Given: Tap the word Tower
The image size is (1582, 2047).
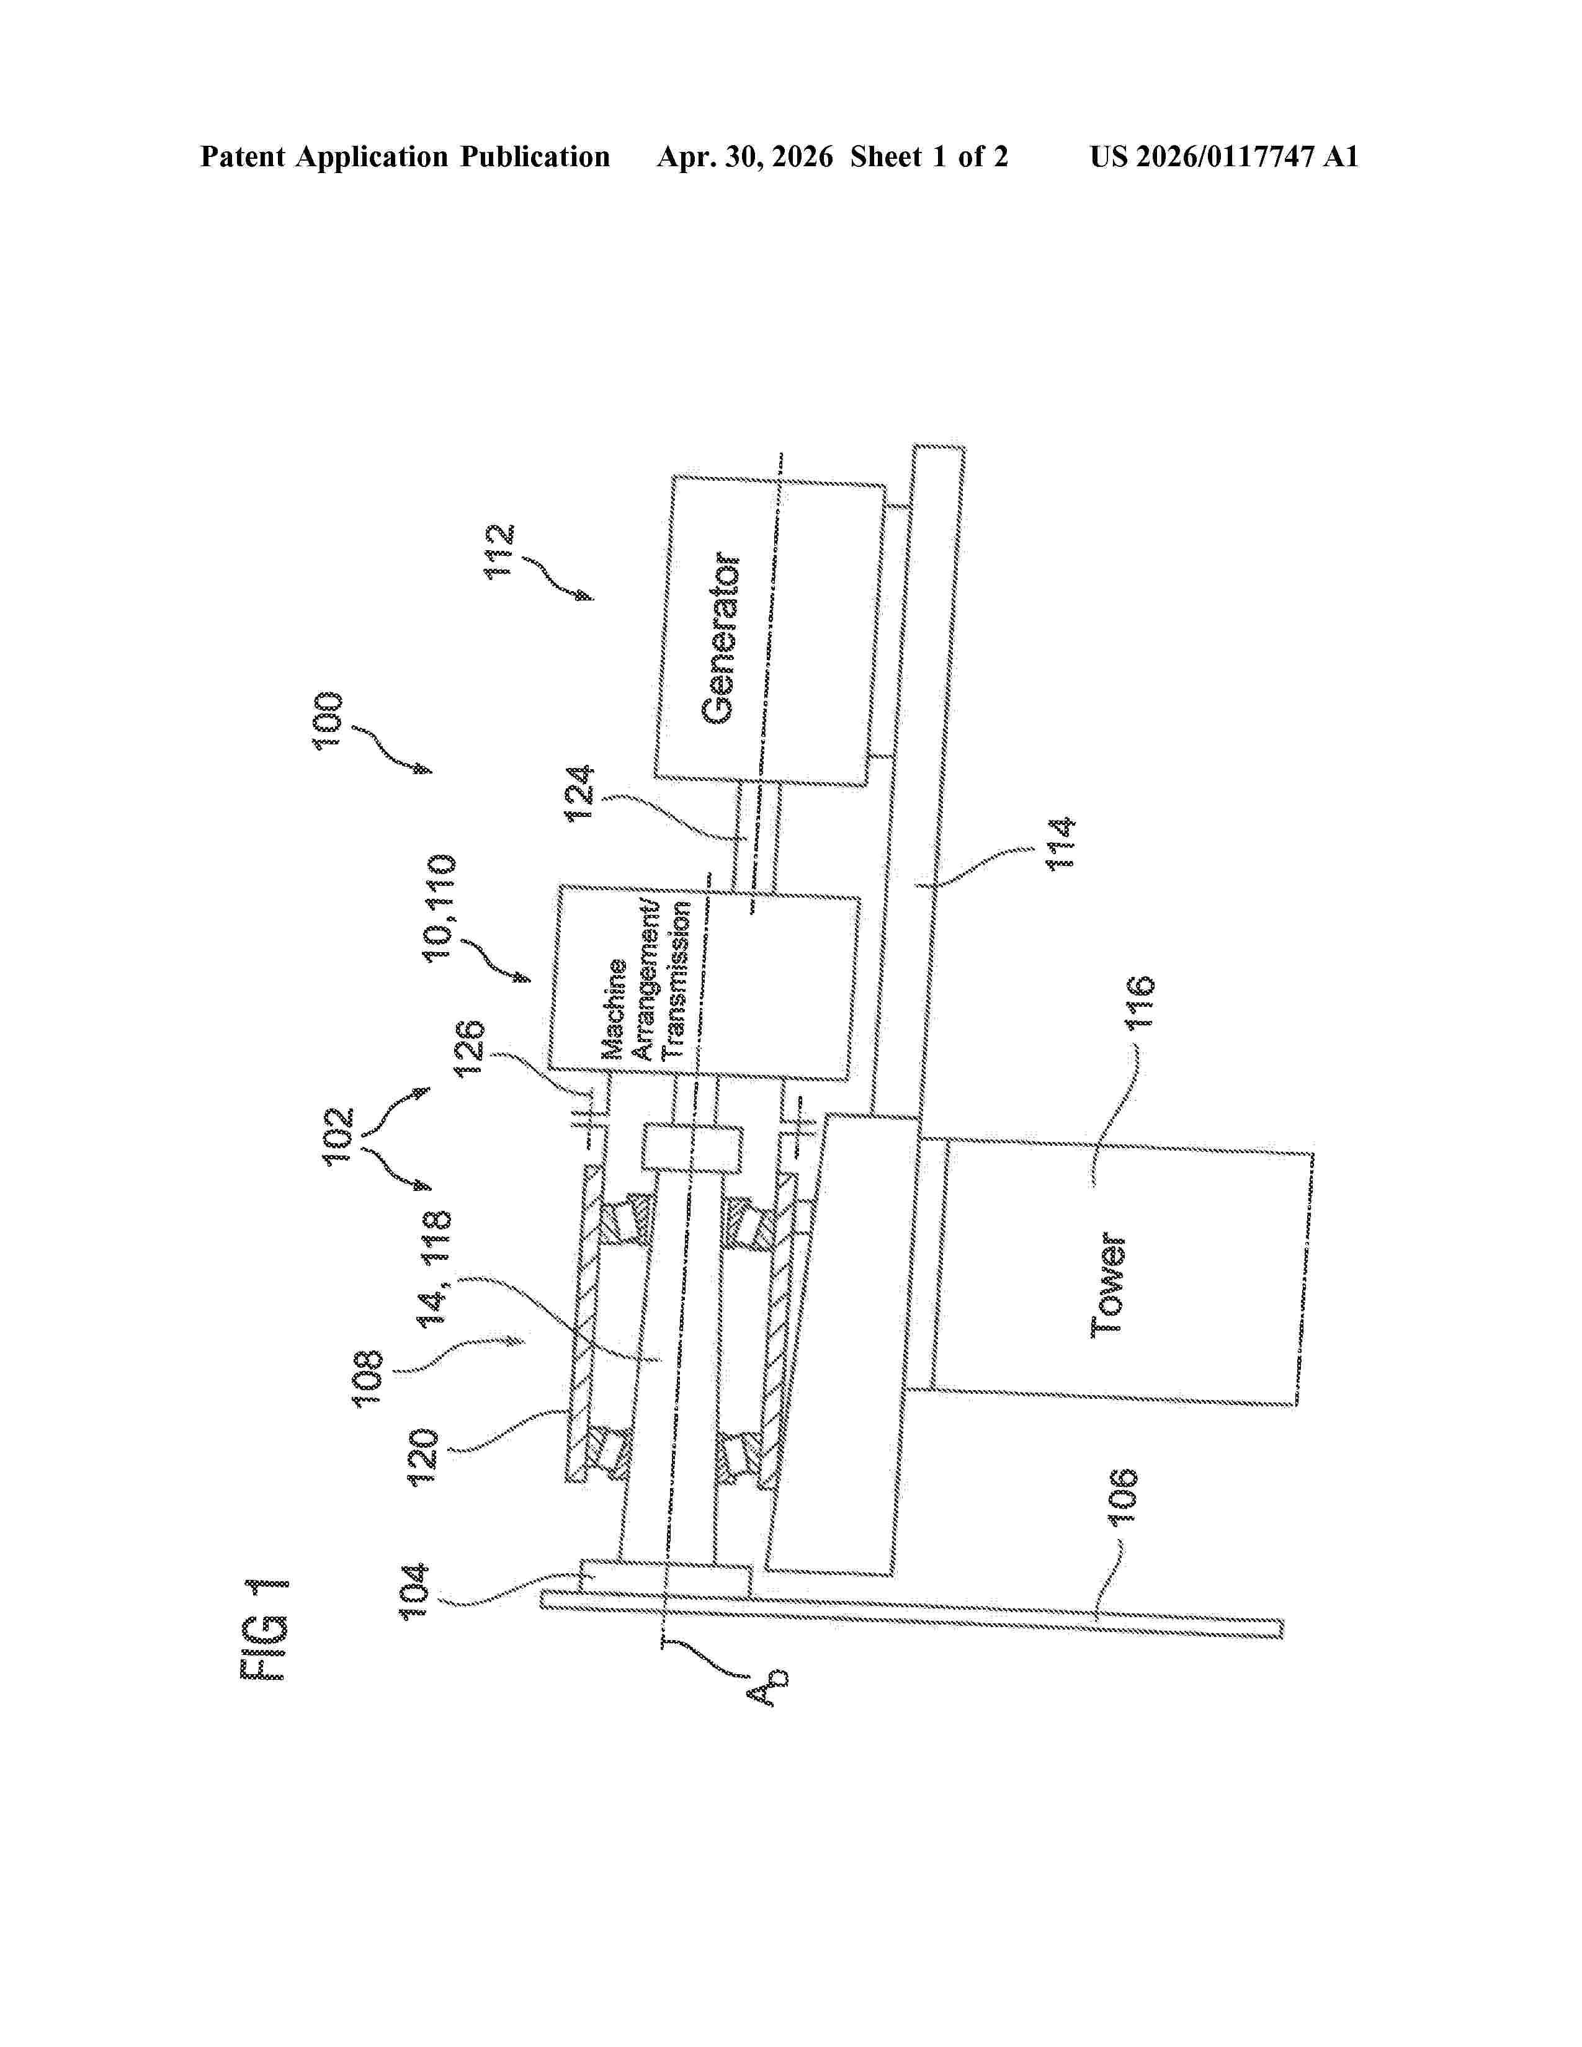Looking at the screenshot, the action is (1108, 1284).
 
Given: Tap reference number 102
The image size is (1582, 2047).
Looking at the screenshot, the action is (338, 1136).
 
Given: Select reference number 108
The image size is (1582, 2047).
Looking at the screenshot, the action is (367, 1376).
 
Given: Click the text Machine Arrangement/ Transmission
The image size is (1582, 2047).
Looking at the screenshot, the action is (646, 979).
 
